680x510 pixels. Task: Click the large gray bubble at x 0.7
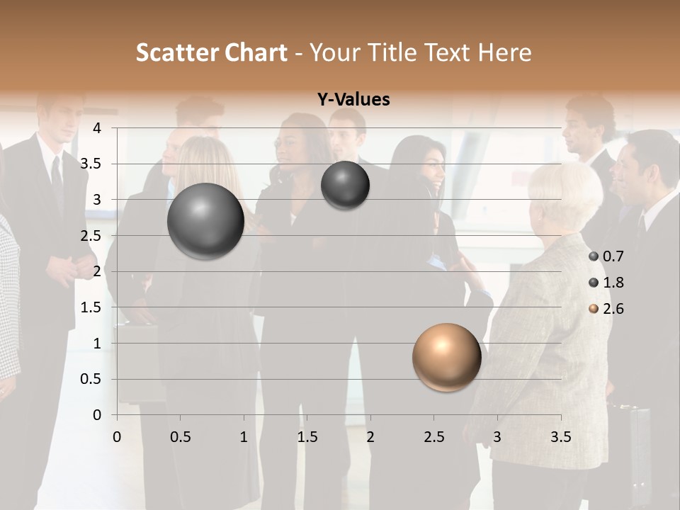click(x=205, y=221)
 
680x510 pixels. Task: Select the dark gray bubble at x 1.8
click(x=345, y=186)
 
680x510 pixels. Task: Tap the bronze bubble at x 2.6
click(x=446, y=357)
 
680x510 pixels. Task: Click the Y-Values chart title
click(x=353, y=100)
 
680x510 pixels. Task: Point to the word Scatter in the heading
click(x=171, y=52)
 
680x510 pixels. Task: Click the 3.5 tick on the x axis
click(x=560, y=436)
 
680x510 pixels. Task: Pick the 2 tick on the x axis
click(x=370, y=436)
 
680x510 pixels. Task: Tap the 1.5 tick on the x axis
click(x=307, y=436)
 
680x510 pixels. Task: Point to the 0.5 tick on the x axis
click(x=180, y=436)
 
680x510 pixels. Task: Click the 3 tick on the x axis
click(x=497, y=436)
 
